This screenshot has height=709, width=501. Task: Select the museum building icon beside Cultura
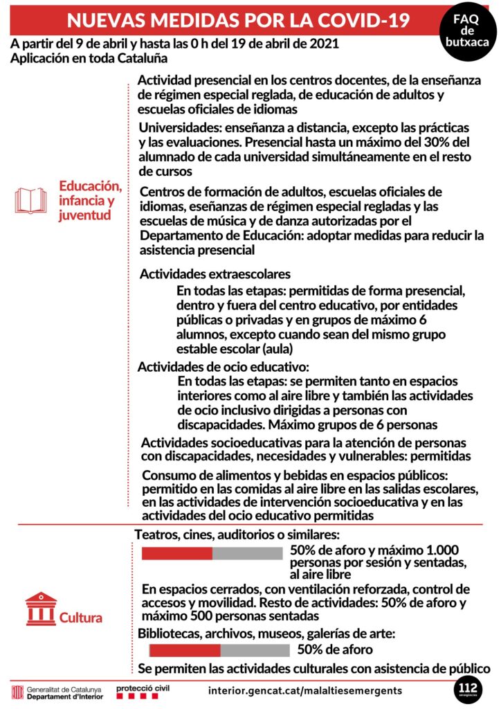click(x=41, y=609)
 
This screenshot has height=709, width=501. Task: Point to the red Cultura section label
click(x=81, y=618)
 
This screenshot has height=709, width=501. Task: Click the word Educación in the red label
click(x=91, y=186)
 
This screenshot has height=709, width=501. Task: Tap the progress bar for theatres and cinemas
click(x=212, y=553)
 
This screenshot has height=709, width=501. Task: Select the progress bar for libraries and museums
click(x=219, y=650)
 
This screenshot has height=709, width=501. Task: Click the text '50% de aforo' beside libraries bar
click(x=335, y=649)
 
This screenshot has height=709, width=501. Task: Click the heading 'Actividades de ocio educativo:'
click(x=224, y=367)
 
